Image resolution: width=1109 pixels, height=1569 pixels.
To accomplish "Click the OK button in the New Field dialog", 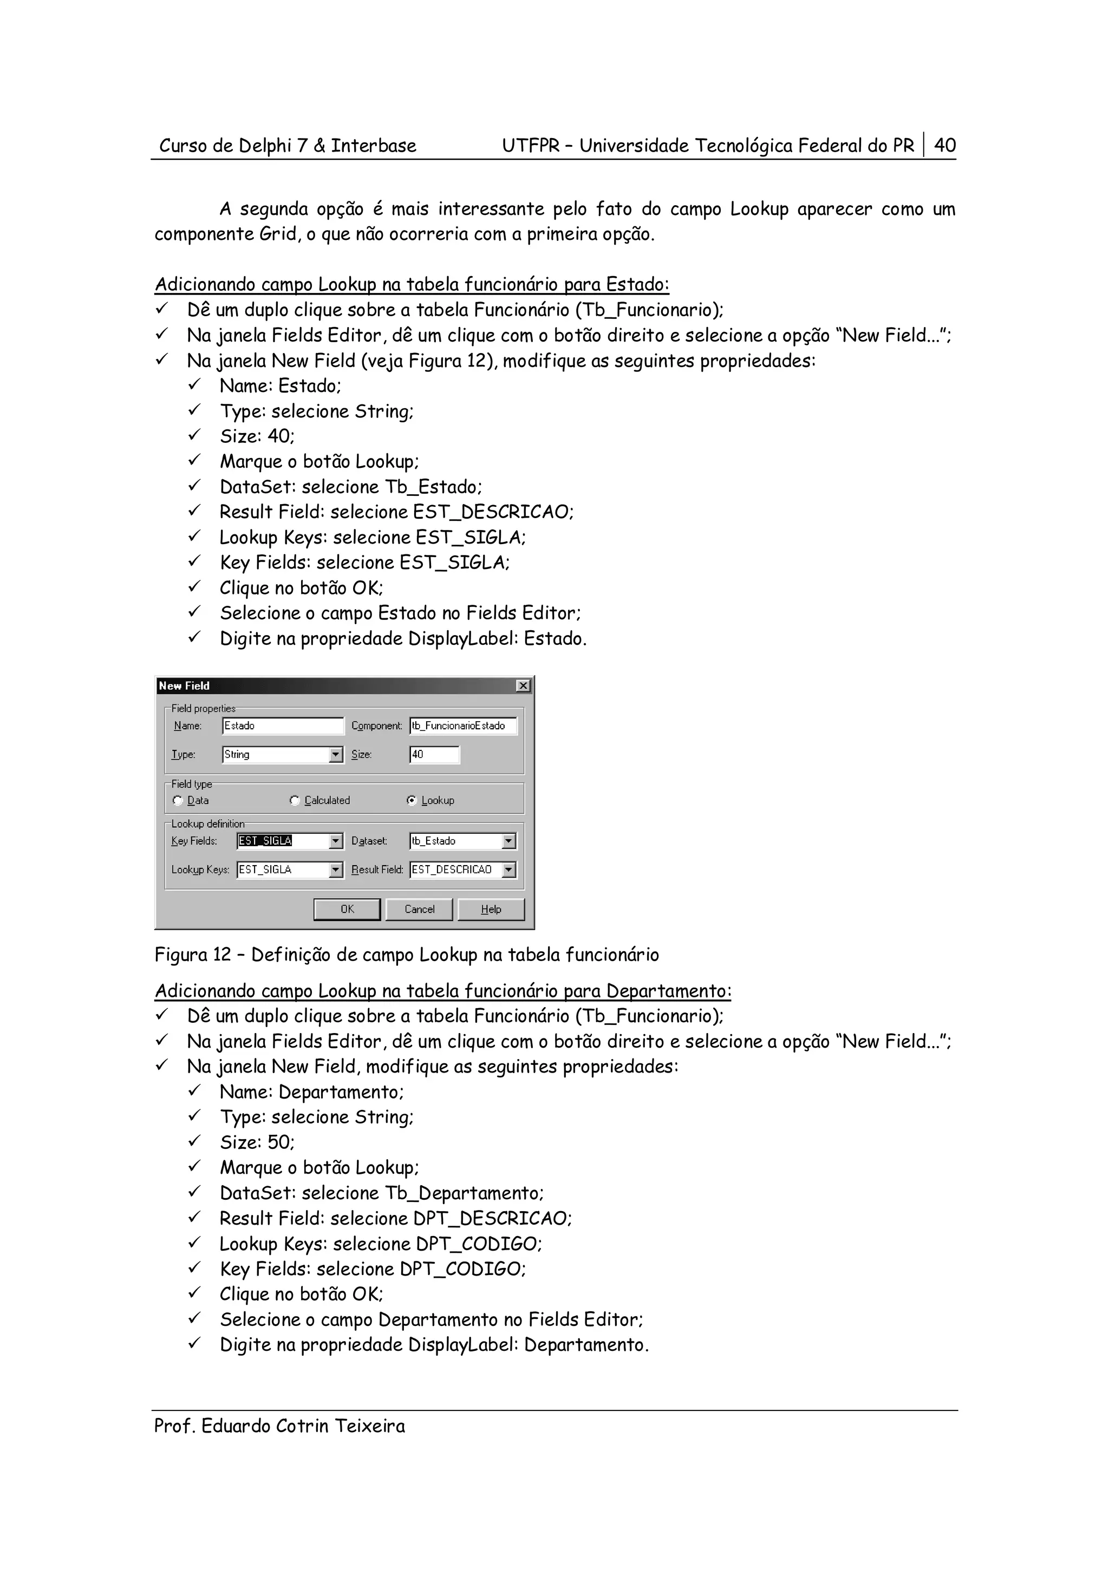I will [347, 909].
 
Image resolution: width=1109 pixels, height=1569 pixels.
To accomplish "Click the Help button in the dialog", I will [491, 909].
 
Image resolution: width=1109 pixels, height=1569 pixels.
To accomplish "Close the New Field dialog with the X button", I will [524, 685].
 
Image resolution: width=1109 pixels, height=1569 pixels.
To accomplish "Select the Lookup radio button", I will [412, 800].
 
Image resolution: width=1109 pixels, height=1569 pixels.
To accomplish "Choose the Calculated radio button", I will [295, 800].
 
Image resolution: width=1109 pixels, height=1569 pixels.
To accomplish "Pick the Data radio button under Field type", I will [178, 800].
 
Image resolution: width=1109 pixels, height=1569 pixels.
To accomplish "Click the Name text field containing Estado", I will [282, 725].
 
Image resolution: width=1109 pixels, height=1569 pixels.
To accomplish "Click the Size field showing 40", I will [434, 754].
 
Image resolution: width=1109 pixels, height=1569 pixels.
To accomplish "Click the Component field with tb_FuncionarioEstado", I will [462, 725].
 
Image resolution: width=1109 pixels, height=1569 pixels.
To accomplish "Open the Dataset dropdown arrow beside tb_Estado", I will [509, 841].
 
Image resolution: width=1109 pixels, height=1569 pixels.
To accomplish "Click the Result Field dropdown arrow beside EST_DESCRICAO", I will [509, 870].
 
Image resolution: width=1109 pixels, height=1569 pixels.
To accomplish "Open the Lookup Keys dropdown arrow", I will [336, 870].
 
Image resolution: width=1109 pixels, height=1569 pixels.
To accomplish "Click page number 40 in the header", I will [945, 145].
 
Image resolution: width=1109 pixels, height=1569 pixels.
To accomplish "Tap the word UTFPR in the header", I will [530, 146].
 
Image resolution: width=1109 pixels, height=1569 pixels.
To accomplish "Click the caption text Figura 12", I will [193, 955].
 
